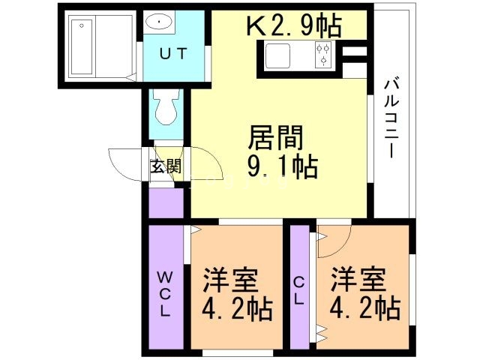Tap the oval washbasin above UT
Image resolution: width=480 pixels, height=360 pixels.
(160, 22)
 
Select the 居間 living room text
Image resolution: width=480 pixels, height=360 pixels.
(277, 139)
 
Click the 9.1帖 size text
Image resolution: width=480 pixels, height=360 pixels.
(282, 166)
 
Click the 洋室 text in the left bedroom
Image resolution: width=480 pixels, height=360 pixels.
(230, 281)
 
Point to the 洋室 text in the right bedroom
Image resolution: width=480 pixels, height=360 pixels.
(358, 280)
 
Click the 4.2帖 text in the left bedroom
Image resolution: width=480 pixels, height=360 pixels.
(236, 309)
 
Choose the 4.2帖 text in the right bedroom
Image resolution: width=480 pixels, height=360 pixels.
(362, 308)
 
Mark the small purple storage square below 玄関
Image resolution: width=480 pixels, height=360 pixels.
(166, 202)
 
